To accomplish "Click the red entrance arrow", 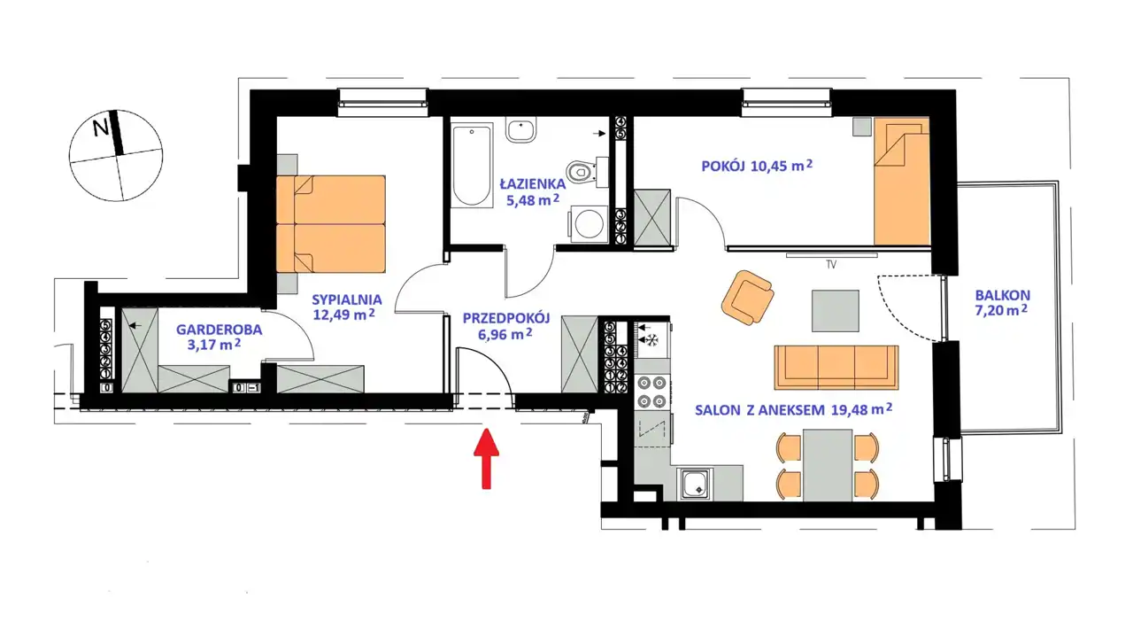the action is tap(486, 459).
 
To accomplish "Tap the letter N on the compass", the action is tap(101, 128).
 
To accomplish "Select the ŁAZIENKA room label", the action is tap(533, 183).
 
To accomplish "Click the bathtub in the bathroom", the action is tap(472, 165).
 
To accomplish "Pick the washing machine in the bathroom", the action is tap(589, 224).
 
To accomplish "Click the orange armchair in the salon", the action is tap(747, 298).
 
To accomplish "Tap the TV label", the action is tap(831, 264).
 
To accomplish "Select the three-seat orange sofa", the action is tap(836, 368).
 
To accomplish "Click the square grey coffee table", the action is tap(835, 311).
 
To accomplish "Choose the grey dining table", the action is tap(827, 465).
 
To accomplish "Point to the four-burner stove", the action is tap(651, 392).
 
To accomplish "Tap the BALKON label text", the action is tap(1003, 295).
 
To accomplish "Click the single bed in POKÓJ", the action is tap(901, 182).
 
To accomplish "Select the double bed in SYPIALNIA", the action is tap(331, 224).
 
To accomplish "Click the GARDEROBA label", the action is tap(219, 330).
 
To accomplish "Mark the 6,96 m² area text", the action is tap(505, 334).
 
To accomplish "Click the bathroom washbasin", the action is tap(521, 131).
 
